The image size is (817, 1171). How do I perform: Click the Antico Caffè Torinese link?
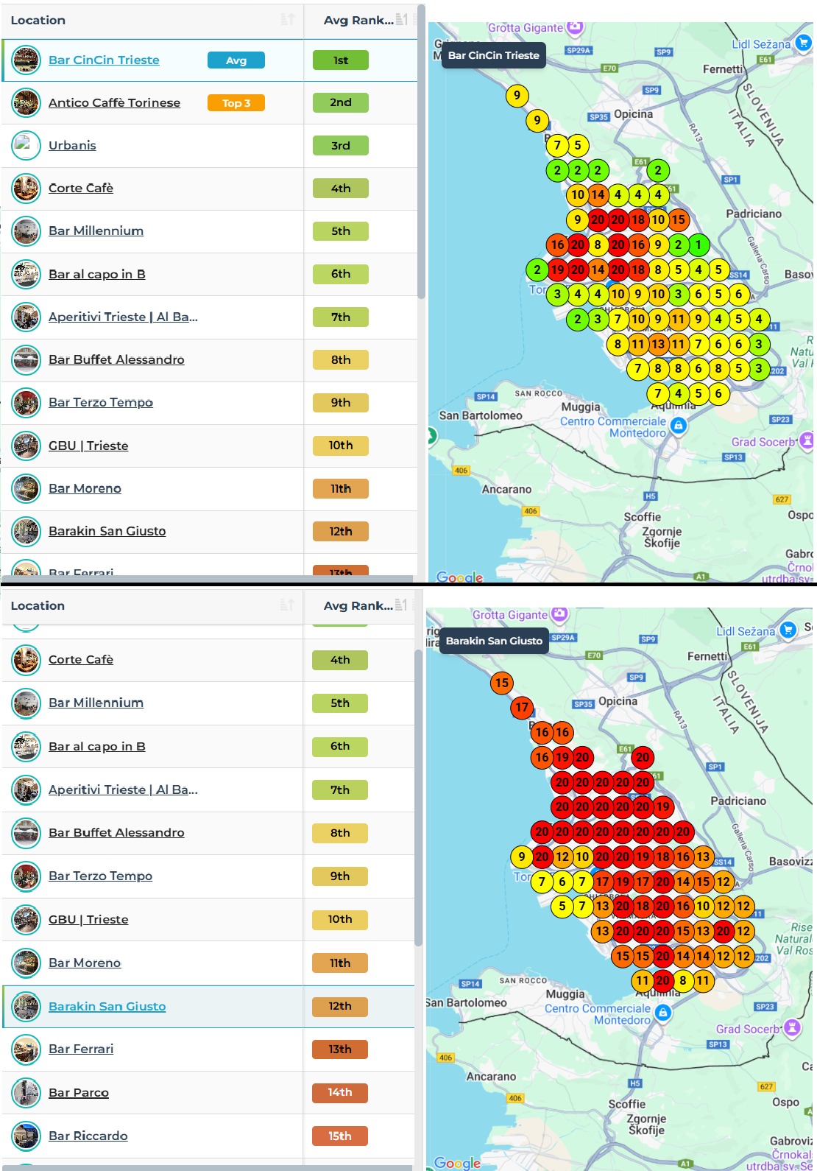[x=114, y=103]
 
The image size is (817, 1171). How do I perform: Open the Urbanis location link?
[x=72, y=146]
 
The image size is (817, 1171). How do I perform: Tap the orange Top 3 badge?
[x=236, y=103]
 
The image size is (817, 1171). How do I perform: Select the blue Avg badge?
[x=236, y=60]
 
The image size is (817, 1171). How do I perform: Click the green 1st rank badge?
[x=340, y=60]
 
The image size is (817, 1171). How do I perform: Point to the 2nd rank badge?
[x=340, y=103]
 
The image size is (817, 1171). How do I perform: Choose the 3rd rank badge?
[x=340, y=146]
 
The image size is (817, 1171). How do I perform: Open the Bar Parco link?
[x=79, y=1093]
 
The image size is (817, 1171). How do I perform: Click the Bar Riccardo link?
[x=88, y=1136]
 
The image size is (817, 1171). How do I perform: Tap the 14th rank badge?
[x=339, y=1093]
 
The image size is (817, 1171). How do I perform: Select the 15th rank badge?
[x=339, y=1136]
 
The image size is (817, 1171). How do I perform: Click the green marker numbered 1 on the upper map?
[x=698, y=245]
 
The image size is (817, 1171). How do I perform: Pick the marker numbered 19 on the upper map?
[x=558, y=270]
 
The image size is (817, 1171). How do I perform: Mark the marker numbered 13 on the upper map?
[x=658, y=344]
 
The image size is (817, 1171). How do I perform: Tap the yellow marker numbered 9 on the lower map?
[x=522, y=857]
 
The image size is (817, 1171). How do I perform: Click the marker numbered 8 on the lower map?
[x=683, y=980]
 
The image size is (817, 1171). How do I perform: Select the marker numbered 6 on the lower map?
[x=562, y=882]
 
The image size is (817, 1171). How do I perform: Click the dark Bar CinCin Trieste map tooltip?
[x=493, y=55]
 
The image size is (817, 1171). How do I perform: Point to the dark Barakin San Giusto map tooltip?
[x=494, y=641]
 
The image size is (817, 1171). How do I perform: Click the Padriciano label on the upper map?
[x=754, y=214]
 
